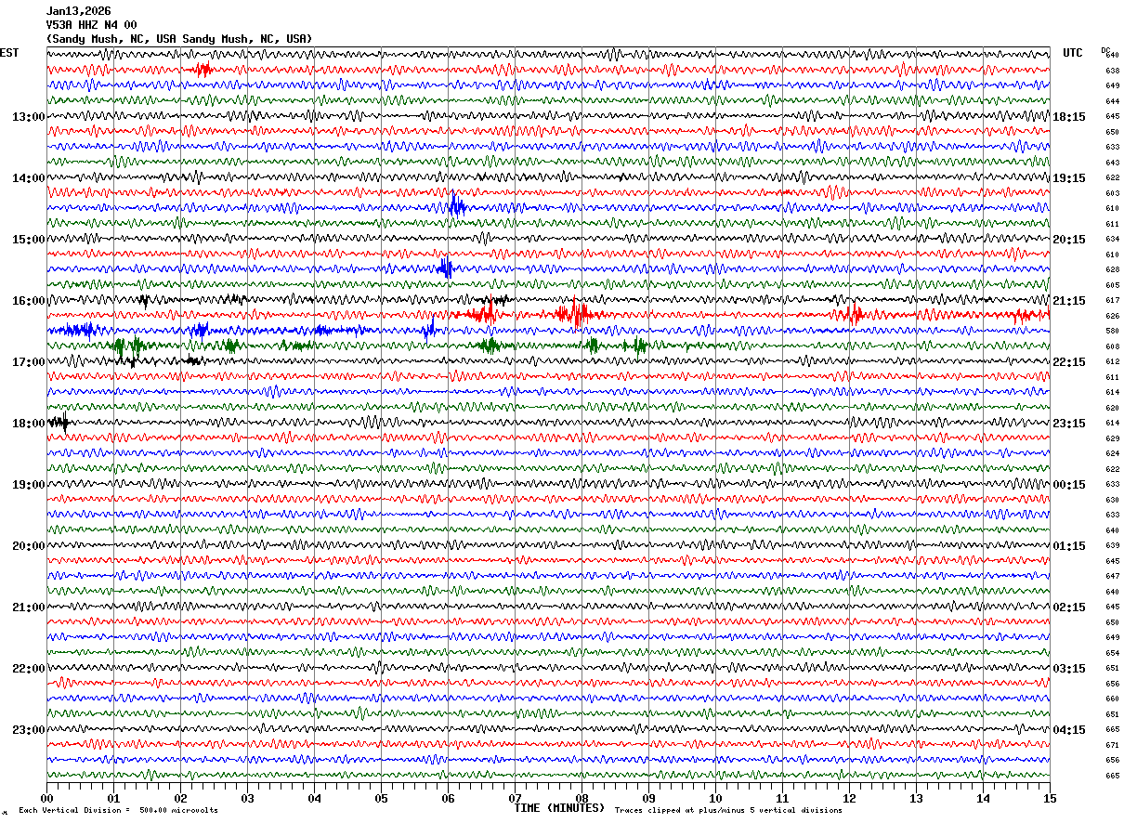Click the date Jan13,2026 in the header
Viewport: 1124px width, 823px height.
click(78, 11)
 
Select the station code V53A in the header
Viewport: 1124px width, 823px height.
click(60, 25)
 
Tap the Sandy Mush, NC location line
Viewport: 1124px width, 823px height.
click(179, 39)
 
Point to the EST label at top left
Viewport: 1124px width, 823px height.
click(9, 53)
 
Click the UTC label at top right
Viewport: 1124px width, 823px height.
click(1073, 53)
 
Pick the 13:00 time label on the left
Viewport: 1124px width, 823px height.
click(28, 117)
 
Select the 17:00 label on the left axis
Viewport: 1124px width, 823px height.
click(28, 362)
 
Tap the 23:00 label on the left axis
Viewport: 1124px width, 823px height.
click(28, 730)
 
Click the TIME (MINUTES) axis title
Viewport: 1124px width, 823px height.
click(559, 808)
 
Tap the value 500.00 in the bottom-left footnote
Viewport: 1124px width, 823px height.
click(152, 811)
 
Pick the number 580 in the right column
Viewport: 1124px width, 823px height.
click(1112, 331)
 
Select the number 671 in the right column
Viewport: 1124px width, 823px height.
click(1112, 745)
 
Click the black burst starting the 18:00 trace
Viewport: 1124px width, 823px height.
click(59, 423)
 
